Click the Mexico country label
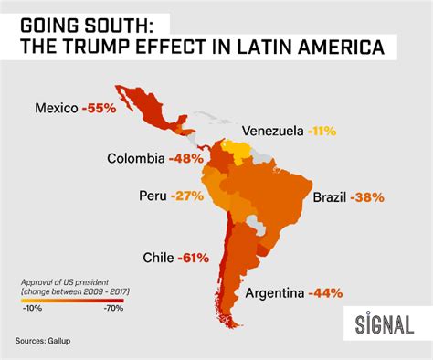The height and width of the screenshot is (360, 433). pos(57,108)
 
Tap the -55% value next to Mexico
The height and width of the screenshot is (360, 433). pos(98,108)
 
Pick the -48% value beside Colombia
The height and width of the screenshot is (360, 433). pos(185,157)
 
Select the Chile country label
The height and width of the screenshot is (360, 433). pos(161,258)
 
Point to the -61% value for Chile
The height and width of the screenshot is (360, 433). pos(203,258)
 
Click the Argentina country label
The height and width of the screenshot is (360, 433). pos(274,293)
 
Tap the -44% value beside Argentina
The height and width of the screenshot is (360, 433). pos(325,293)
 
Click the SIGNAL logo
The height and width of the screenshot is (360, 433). pos(384,323)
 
